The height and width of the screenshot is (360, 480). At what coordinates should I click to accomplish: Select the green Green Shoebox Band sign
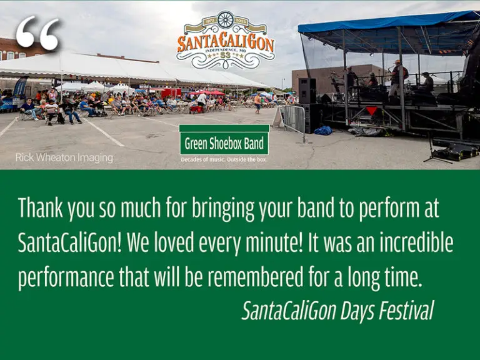(224, 142)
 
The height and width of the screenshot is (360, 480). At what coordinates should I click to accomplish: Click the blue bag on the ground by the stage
(323, 130)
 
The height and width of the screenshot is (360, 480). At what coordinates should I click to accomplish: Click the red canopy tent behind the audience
(208, 92)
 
